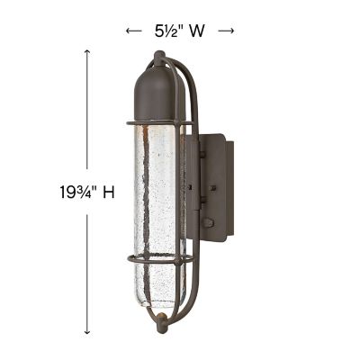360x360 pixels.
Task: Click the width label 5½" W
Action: [179, 30]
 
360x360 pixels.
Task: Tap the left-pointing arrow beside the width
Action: [133, 31]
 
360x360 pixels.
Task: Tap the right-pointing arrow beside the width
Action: [226, 31]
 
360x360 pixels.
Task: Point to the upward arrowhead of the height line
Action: [87, 52]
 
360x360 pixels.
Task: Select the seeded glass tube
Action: [157, 198]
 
